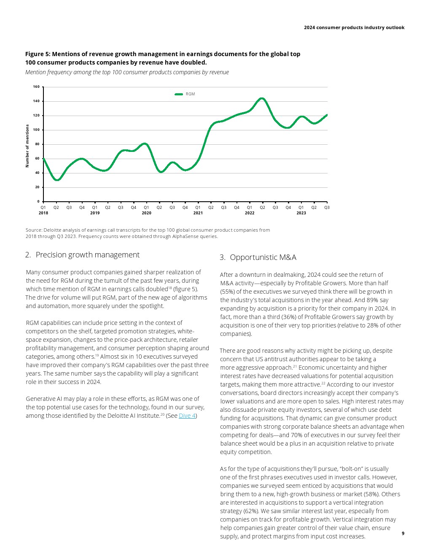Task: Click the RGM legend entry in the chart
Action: pyautogui.click(x=185, y=94)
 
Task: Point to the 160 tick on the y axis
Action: pyautogui.click(x=36, y=87)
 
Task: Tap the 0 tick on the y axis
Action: pyautogui.click(x=38, y=202)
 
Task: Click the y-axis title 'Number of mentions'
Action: pyautogui.click(x=27, y=146)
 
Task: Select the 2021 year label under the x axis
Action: pyautogui.click(x=198, y=213)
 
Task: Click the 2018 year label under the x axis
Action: pyautogui.click(x=43, y=213)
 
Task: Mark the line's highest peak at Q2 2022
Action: pyautogui.click(x=262, y=98)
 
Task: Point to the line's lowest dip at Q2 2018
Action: pyautogui.click(x=57, y=180)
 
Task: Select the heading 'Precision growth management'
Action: pyautogui.click(x=87, y=255)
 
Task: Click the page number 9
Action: pyautogui.click(x=403, y=533)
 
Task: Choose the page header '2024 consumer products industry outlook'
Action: pyautogui.click(x=354, y=27)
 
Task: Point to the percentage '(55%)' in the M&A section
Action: pyautogui.click(x=228, y=292)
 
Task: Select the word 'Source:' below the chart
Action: pyautogui.click(x=34, y=230)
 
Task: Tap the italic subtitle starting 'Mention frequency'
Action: pyautogui.click(x=127, y=72)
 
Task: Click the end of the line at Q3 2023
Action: pyautogui.click(x=327, y=115)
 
